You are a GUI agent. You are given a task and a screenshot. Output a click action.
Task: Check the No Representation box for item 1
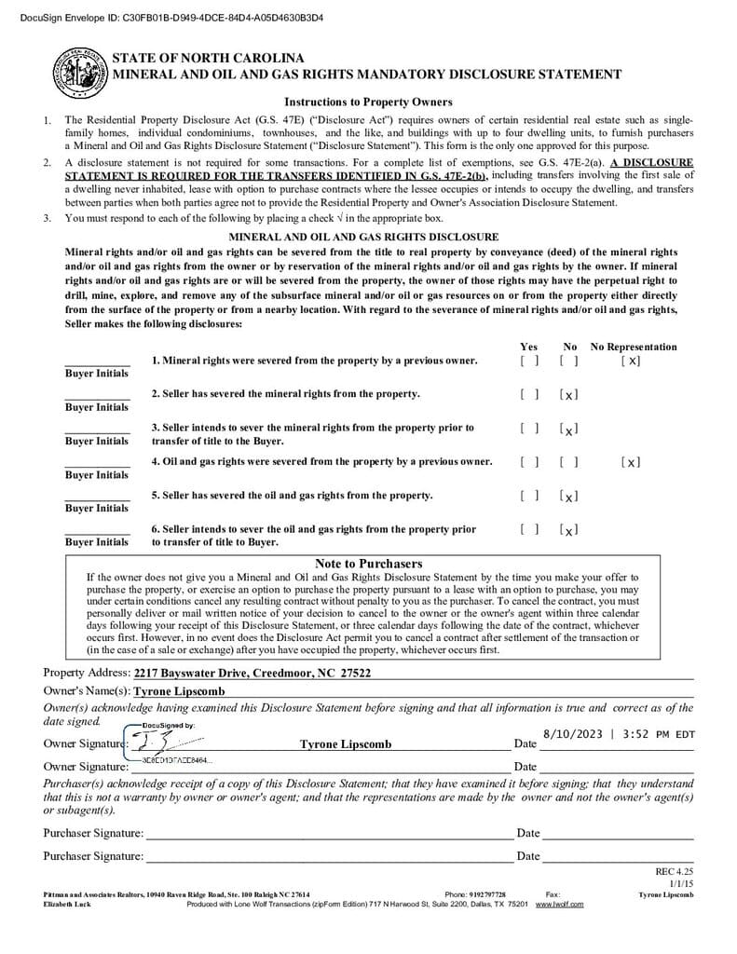630,361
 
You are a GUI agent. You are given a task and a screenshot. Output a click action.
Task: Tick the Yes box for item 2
529,394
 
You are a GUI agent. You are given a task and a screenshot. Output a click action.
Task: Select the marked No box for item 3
569,429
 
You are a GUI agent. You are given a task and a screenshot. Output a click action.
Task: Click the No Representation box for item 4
630,462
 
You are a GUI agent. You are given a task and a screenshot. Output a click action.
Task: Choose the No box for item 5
569,497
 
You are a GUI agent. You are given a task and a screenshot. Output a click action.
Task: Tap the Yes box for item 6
529,530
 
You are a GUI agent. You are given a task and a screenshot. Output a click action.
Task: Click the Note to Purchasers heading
368,564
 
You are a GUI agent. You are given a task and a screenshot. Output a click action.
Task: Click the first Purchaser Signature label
93,833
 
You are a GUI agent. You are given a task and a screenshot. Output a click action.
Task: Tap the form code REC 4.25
675,872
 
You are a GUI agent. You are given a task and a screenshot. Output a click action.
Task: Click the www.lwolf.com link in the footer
559,904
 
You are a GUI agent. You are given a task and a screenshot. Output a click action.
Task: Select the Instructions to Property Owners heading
368,102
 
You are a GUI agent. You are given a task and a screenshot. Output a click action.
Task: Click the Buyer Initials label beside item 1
97,374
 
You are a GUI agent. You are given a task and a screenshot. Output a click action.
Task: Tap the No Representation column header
634,347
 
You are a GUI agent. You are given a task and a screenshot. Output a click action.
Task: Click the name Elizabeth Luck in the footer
67,904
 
